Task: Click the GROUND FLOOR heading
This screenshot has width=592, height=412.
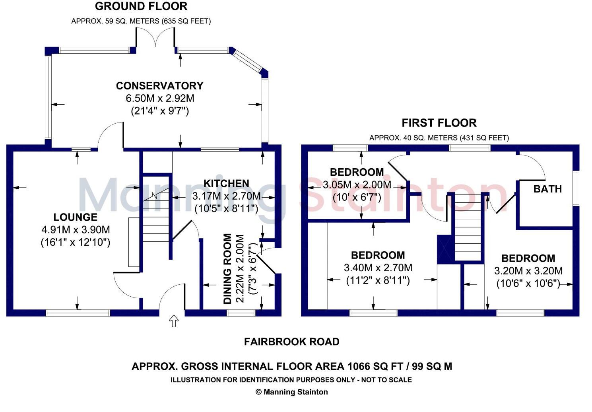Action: point(141,6)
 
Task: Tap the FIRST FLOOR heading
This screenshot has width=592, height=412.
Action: point(439,123)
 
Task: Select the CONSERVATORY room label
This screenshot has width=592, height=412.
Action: point(159,86)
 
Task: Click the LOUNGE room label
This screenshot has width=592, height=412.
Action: point(75,217)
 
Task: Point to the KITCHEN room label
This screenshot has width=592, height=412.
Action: point(226,183)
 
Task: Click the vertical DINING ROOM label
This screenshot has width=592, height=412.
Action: point(227,269)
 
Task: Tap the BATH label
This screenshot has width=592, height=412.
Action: point(547,189)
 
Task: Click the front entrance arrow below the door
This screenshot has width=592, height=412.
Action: point(174,321)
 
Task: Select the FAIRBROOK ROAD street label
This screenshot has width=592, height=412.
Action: point(291,342)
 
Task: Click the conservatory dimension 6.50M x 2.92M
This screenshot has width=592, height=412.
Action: point(160,98)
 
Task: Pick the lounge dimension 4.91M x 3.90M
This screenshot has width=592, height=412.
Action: point(76,229)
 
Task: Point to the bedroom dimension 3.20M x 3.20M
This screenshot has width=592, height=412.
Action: point(528,271)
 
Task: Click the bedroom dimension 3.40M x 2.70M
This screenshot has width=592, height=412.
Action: point(378,268)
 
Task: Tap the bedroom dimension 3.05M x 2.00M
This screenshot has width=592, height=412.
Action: point(357,185)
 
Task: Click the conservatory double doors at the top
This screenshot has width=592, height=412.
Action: point(156,40)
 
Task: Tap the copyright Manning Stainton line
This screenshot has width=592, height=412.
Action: point(291,392)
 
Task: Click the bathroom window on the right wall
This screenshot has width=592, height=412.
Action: point(576,188)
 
